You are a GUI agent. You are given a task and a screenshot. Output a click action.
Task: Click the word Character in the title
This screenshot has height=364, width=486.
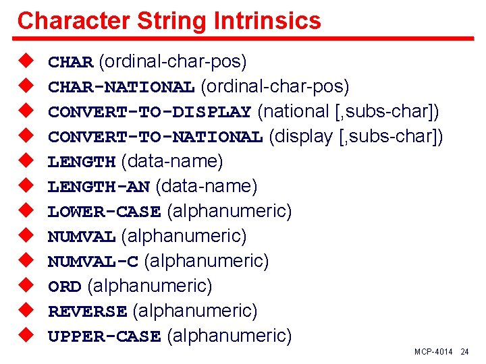tap(72, 20)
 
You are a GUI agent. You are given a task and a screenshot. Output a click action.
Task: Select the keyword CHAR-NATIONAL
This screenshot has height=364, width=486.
tap(121, 88)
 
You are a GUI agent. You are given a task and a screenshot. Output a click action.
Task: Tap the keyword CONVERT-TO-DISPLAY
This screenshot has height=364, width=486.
tap(149, 112)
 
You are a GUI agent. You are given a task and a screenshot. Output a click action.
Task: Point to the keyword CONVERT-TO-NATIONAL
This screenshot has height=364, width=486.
tap(155, 138)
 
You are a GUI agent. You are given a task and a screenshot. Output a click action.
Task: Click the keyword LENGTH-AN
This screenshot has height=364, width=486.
tap(99, 187)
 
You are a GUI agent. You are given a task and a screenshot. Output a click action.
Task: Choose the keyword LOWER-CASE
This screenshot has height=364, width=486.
tap(104, 212)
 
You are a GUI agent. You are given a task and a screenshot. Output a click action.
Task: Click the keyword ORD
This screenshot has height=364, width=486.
tap(65, 286)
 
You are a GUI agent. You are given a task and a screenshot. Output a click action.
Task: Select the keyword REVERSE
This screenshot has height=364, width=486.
tap(87, 311)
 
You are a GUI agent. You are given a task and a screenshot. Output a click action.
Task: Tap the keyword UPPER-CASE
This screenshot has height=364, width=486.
tap(104, 336)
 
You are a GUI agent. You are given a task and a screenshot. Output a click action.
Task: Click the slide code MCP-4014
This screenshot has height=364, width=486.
tap(434, 352)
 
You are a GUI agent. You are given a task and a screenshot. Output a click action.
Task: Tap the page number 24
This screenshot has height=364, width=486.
tap(464, 352)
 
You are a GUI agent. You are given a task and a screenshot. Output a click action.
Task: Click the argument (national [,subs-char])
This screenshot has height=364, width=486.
tap(348, 111)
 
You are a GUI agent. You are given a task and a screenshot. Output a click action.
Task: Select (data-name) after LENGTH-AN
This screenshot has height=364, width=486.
tap(207, 186)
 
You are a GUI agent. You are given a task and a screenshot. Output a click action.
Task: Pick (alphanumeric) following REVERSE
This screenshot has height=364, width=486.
tap(195, 311)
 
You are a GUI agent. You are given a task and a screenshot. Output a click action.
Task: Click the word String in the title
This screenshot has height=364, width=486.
tap(171, 20)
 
